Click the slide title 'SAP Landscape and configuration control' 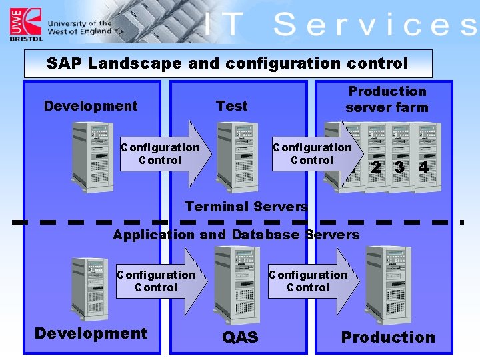(227, 64)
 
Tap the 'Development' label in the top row (91, 106)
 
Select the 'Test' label (231, 106)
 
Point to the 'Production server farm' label (387, 99)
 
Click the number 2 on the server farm (377, 167)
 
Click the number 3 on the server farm (399, 167)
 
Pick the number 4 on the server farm (423, 167)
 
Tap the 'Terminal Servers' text (246, 207)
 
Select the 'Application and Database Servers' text (236, 235)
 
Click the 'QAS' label (240, 337)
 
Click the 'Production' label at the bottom (388, 337)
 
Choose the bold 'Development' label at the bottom (91, 333)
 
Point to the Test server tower (237, 157)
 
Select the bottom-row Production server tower (389, 284)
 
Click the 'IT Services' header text (340, 25)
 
